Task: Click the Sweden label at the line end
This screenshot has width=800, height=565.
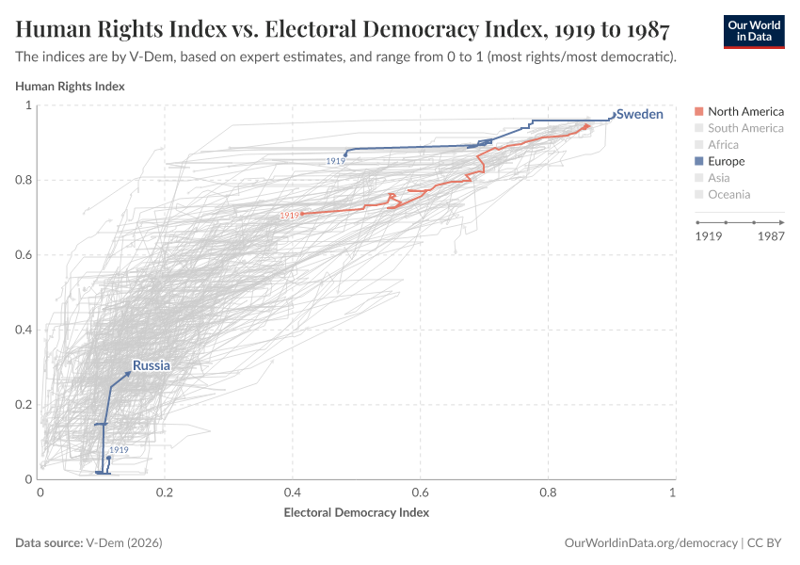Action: [x=639, y=114]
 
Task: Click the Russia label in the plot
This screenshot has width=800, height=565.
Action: [x=151, y=365]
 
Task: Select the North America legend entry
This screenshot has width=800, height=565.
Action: [x=744, y=111]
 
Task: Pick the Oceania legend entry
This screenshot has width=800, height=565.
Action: [x=728, y=195]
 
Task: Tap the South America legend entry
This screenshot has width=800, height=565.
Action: [x=744, y=128]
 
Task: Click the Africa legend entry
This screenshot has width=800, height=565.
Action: [x=723, y=145]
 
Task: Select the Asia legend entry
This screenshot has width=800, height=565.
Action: [x=718, y=178]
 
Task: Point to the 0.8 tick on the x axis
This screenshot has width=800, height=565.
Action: [x=547, y=492]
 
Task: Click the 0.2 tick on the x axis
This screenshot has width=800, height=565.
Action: [x=167, y=492]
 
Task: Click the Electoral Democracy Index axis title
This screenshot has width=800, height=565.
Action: [x=356, y=513]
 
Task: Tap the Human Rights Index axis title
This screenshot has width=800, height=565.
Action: [x=70, y=86]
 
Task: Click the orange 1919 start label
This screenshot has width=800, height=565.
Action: [x=289, y=216]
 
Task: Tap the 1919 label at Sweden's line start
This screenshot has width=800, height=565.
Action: [x=335, y=161]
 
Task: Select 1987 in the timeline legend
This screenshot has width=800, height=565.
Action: [x=770, y=237]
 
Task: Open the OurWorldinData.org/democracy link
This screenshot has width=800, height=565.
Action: [x=649, y=543]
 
